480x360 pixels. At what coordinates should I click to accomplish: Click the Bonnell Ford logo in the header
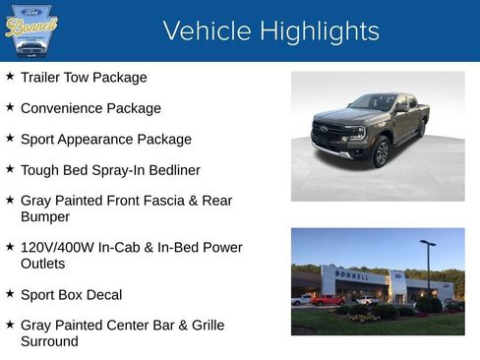coord(31,31)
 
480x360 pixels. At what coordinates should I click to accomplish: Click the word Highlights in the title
coord(320,31)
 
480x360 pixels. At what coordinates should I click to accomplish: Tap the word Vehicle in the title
coord(207,31)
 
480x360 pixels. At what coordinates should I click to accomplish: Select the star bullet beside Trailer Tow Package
coord(10,76)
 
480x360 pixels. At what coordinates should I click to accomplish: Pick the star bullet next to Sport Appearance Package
coord(10,138)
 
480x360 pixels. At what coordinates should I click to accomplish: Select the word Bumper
coord(45,216)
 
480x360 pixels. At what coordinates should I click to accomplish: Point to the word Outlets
coord(45,264)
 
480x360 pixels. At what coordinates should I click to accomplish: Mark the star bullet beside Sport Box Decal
coord(10,293)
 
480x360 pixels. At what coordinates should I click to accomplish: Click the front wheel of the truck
coord(381,151)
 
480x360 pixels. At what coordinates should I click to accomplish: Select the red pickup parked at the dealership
coord(328,300)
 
